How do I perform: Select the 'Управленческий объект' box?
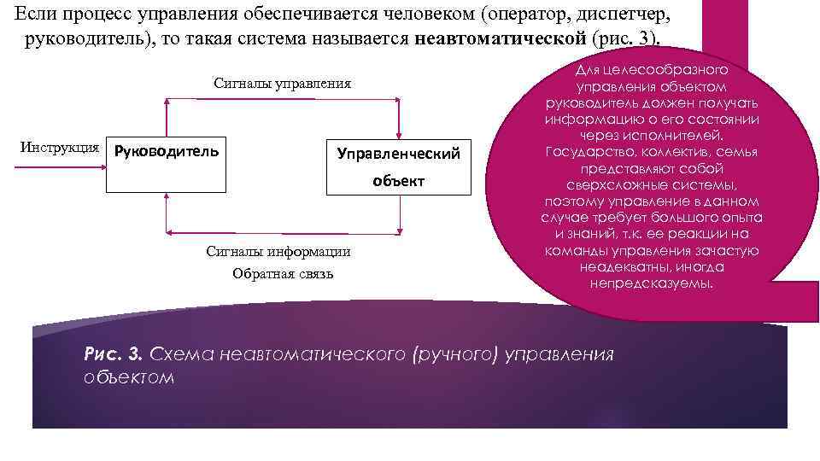coord(398,166)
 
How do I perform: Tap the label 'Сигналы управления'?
coord(282,84)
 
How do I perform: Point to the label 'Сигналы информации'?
coord(278,252)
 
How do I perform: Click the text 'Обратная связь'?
coord(283,273)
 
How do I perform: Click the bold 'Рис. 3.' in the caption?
coord(114,353)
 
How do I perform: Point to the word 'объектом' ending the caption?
coord(129,376)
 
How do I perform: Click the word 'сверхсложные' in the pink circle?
coord(612,184)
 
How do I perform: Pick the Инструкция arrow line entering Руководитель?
coord(60,166)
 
